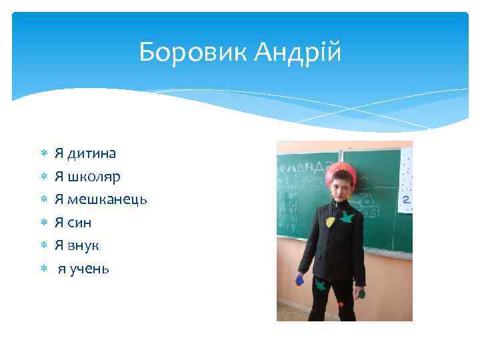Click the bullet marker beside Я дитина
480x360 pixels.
pyautogui.click(x=43, y=154)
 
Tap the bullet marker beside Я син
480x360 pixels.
pyautogui.click(x=43, y=223)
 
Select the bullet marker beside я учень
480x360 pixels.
pyautogui.click(x=43, y=269)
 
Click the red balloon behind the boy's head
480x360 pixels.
pyautogui.click(x=341, y=169)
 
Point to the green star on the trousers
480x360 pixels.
pyautogui.click(x=321, y=285)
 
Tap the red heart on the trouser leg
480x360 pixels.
pyautogui.click(x=341, y=303)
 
